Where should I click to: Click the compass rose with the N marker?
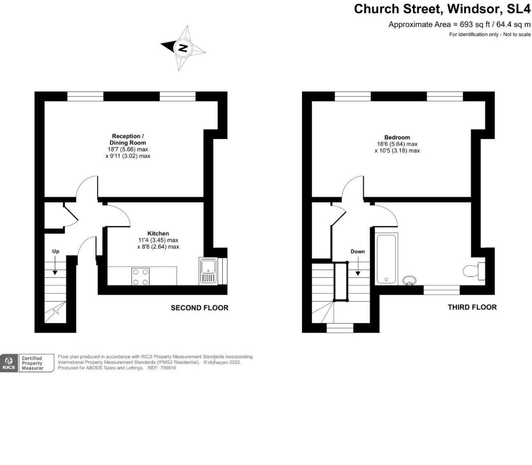(x=182, y=48)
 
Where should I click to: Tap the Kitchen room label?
(x=158, y=233)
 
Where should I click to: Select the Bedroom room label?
(x=397, y=137)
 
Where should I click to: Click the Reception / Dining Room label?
(x=128, y=139)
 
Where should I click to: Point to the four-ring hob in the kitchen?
(x=141, y=277)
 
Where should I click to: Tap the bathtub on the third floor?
(x=386, y=258)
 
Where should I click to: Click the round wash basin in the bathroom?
(x=409, y=280)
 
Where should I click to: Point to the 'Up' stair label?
(x=55, y=251)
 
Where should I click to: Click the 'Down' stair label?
(x=358, y=251)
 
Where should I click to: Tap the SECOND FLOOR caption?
(x=199, y=308)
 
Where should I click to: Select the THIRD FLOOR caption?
(x=472, y=307)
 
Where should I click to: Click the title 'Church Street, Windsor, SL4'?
(x=442, y=9)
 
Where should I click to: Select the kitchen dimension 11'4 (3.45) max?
(x=158, y=240)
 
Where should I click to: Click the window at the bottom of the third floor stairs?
(x=340, y=328)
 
